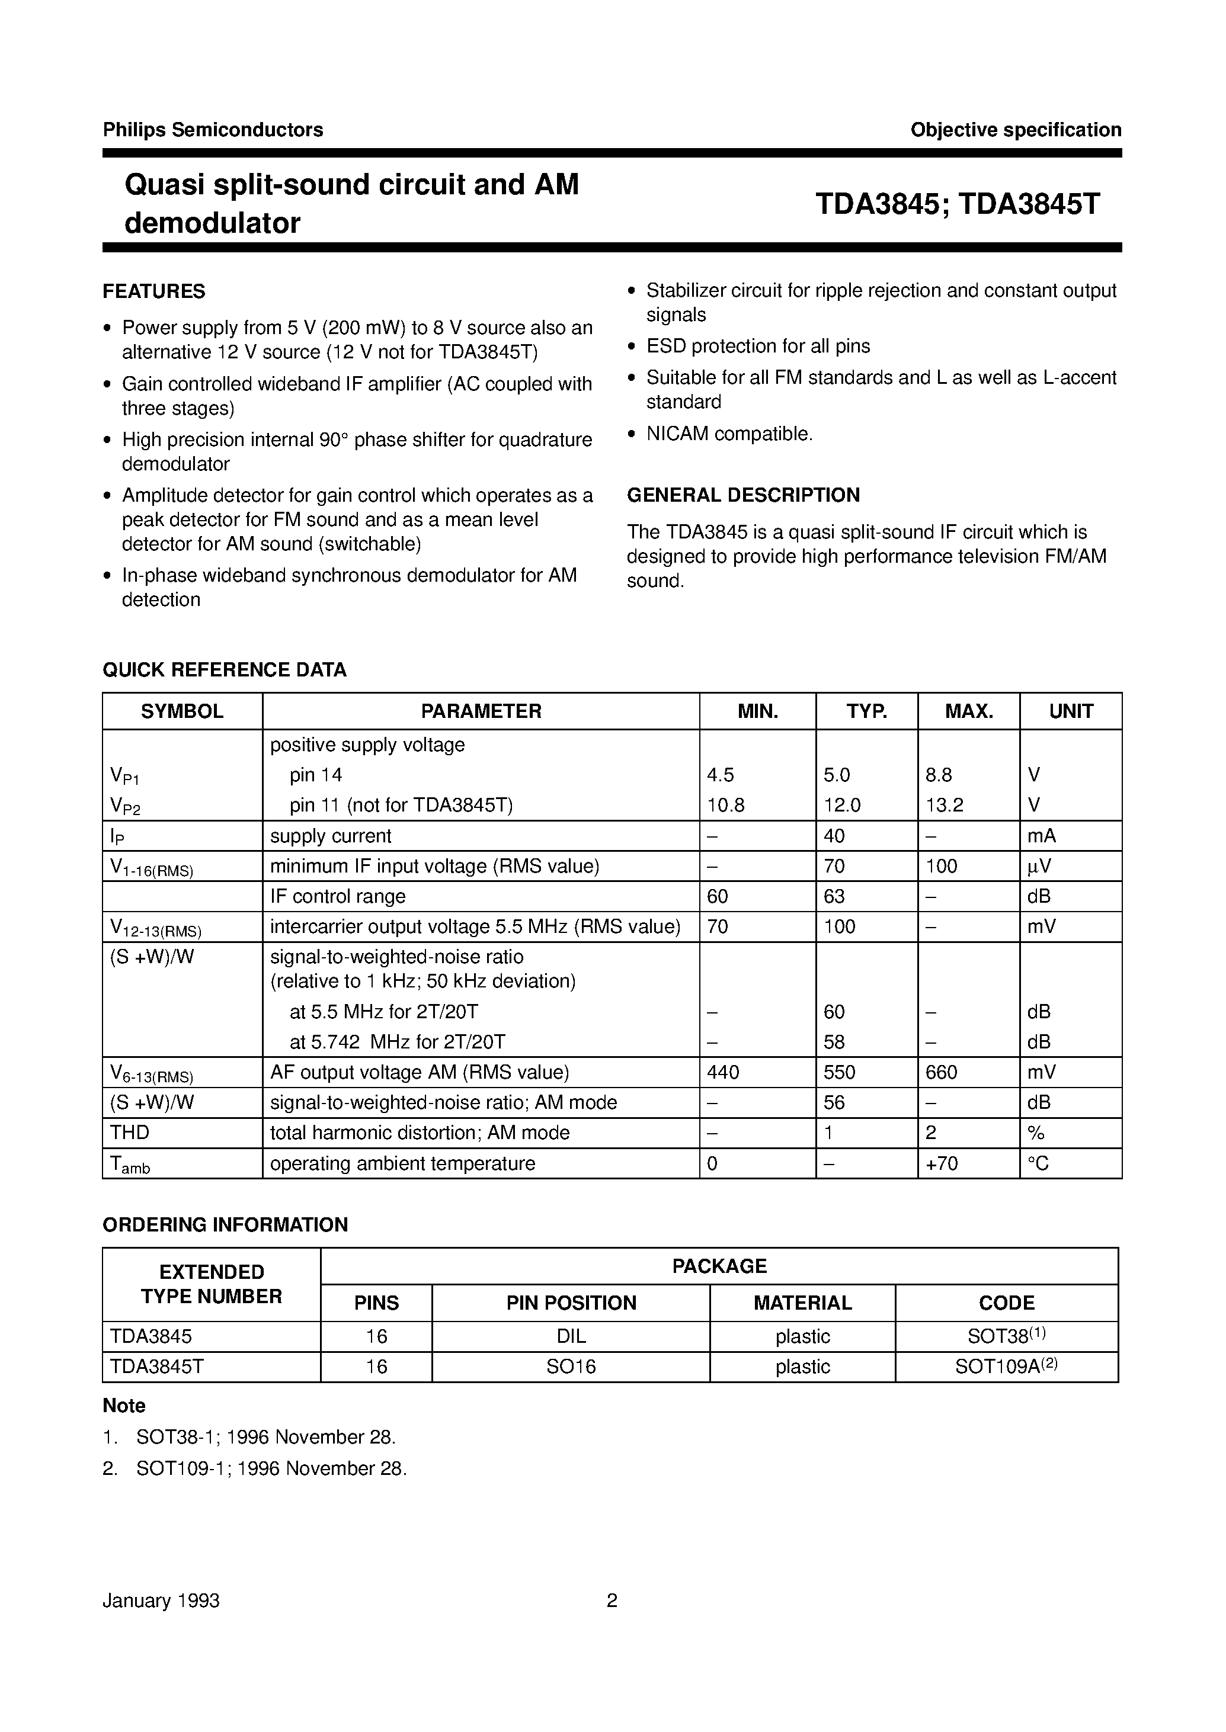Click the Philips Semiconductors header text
pos(213,130)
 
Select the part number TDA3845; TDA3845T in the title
pos(957,204)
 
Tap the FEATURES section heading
pos(154,291)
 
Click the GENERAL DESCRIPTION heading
pos(743,495)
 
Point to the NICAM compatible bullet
pos(728,434)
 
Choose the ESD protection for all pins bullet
pos(757,347)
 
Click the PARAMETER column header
pos(481,711)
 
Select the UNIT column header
pos(1071,711)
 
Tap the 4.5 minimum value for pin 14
pos(720,775)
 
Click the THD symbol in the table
pos(130,1133)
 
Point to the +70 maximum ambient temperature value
pos(942,1163)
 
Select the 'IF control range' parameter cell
pos(337,897)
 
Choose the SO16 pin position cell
pos(571,1367)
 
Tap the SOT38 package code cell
pos(1006,1336)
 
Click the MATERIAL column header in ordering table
pos(802,1303)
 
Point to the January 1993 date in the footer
pos(161,1601)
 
